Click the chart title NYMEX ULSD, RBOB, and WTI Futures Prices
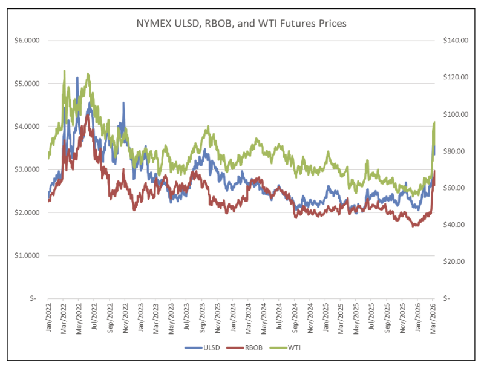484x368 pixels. click(x=241, y=24)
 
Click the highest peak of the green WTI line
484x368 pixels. click(x=64, y=71)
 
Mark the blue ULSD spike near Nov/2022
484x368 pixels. click(x=123, y=103)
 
